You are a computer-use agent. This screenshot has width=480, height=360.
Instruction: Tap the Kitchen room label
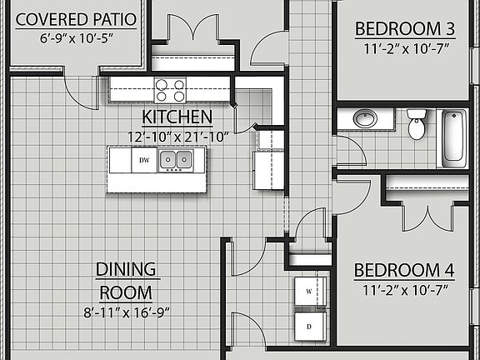click(x=177, y=117)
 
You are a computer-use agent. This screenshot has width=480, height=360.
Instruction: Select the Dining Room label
click(x=127, y=281)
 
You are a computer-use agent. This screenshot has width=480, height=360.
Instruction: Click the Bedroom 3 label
click(x=405, y=29)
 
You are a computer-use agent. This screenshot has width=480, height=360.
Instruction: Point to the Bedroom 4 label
click(x=404, y=271)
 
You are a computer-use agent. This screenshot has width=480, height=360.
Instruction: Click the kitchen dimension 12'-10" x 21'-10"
click(x=177, y=136)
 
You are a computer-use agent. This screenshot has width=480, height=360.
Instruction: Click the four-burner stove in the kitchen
click(x=169, y=90)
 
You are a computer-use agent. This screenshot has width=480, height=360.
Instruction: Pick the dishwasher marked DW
click(x=145, y=159)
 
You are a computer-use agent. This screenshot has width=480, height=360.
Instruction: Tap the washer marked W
click(x=308, y=292)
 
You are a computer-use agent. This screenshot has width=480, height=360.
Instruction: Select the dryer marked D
click(x=308, y=326)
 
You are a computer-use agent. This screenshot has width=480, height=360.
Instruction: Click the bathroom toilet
click(x=417, y=125)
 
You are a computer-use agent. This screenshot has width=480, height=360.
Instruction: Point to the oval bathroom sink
click(x=365, y=118)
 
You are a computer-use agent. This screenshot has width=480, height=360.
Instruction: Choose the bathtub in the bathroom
click(x=453, y=136)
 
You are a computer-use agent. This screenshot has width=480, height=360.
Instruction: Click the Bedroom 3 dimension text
click(x=405, y=48)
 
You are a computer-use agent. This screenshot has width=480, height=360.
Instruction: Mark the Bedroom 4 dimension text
click(x=404, y=291)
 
